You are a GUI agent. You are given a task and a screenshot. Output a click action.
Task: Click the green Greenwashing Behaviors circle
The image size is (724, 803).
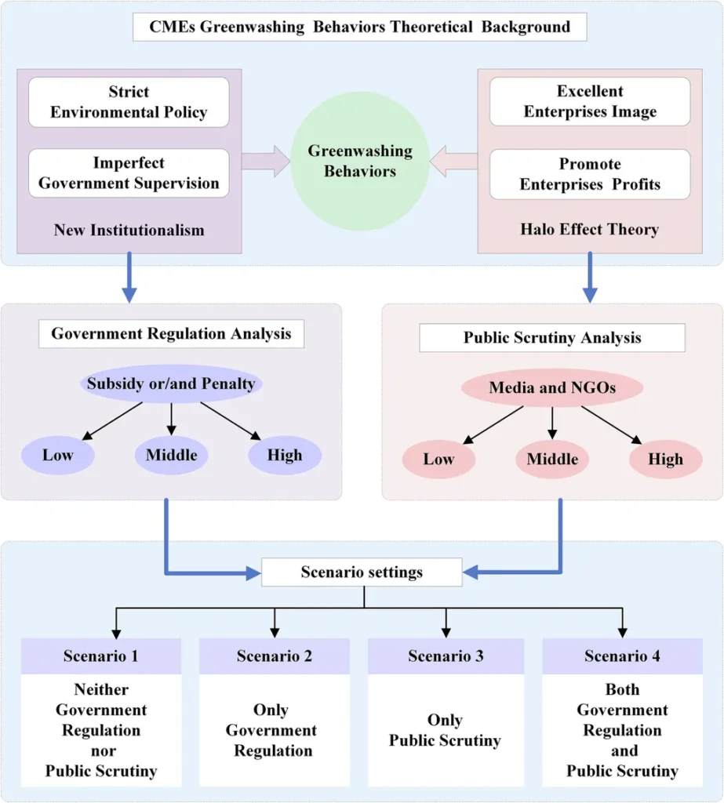pos(360,161)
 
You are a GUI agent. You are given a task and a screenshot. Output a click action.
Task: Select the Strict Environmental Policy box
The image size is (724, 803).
pos(129,102)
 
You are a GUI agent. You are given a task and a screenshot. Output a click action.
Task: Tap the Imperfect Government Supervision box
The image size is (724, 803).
pos(129,173)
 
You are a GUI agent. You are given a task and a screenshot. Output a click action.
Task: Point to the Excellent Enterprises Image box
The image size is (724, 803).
pos(590,101)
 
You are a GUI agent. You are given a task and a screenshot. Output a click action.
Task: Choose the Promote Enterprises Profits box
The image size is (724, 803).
pos(590,174)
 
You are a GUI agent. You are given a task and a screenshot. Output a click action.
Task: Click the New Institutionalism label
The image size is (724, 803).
pos(129,230)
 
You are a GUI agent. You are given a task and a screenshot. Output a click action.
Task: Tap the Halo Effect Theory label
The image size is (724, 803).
pos(590,229)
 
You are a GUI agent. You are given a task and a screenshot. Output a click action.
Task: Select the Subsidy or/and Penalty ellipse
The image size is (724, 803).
pos(171,383)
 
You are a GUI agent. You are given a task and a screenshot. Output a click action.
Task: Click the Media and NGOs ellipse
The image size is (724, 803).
pos(552,387)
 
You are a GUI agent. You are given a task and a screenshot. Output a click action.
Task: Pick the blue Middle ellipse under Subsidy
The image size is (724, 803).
pos(171,455)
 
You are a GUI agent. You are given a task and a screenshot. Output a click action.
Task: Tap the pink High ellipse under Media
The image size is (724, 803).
pos(666,459)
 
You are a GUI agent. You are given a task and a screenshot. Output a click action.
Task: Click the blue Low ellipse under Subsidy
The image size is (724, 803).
pos(58,455)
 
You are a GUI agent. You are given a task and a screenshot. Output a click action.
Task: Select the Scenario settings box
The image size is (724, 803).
pos(362,572)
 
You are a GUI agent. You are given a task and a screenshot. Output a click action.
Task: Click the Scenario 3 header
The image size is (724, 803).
pos(446,656)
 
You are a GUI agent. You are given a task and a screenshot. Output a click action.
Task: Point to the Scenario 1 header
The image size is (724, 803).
pos(101,656)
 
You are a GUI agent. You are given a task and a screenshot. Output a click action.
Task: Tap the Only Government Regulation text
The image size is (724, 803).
pos(271,730)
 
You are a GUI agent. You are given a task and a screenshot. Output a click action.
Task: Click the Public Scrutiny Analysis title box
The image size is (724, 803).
pos(552,337)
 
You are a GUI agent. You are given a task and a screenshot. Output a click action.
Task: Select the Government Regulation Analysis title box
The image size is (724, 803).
pos(171,334)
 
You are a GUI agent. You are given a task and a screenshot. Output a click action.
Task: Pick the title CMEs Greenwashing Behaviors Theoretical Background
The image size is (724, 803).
pos(360,27)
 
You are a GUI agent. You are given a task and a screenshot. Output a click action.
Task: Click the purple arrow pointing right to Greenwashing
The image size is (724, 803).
pos(266,161)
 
